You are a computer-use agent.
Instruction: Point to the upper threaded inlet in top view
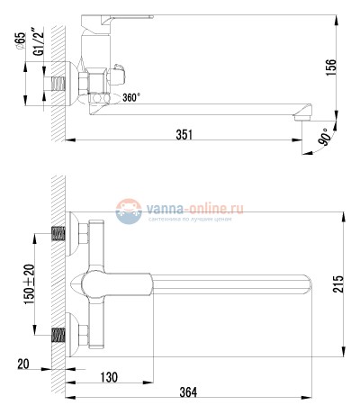tap(59, 237)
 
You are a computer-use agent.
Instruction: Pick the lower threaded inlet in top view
tap(59, 334)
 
